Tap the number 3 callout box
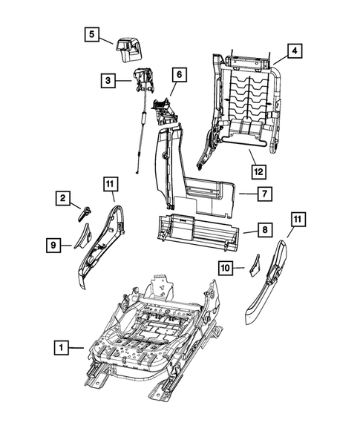click(x=108, y=80)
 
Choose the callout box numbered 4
click(x=295, y=50)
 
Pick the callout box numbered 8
click(x=262, y=231)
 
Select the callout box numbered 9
click(x=53, y=243)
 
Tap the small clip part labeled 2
click(x=83, y=213)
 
